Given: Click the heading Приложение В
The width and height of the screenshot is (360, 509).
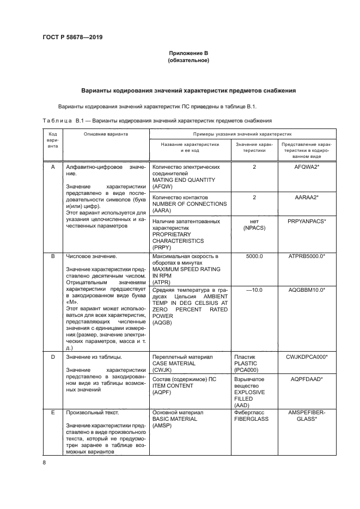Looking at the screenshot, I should [x=188, y=53].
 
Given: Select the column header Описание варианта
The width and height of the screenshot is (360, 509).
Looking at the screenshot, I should [x=106, y=133].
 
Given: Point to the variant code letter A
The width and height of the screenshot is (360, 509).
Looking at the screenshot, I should [x=53, y=167].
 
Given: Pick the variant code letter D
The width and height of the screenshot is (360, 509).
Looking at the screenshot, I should [x=53, y=357].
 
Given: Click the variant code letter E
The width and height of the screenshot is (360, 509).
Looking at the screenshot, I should [x=53, y=413].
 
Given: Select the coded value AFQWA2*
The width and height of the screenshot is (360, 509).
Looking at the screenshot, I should [x=306, y=167].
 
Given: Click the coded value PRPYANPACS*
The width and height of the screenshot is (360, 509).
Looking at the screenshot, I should [x=306, y=222].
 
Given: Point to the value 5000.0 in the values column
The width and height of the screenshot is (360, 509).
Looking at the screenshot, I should [x=254, y=256].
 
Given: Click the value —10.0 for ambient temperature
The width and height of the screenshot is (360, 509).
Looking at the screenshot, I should [x=254, y=290].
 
